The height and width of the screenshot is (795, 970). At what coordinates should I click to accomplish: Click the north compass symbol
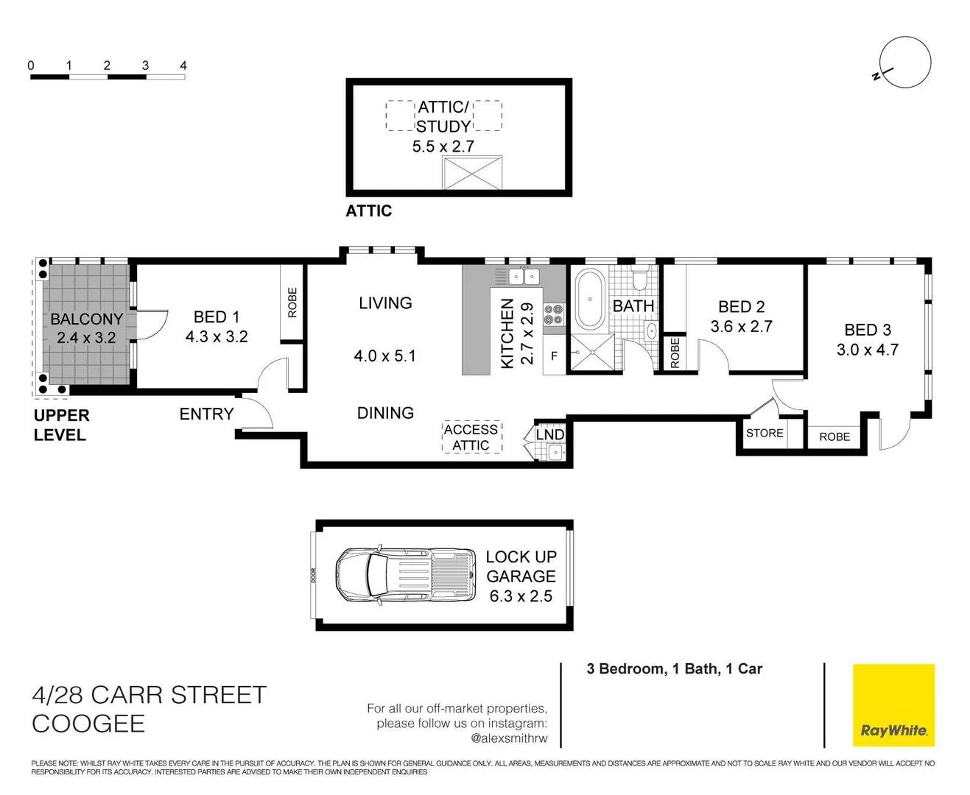[904, 63]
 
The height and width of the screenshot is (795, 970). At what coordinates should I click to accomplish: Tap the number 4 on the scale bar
[183, 66]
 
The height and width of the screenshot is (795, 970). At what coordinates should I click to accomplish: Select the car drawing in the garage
[406, 575]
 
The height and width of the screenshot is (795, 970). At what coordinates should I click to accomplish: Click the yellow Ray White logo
[893, 704]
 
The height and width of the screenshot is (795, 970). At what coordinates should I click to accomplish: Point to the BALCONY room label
[86, 319]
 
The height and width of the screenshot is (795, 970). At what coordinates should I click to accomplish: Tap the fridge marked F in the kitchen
[554, 356]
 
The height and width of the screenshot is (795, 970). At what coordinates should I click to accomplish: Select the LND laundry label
[549, 434]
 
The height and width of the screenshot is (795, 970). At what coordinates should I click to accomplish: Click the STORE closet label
[765, 433]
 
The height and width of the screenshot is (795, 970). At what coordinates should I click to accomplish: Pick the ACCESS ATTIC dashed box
[471, 437]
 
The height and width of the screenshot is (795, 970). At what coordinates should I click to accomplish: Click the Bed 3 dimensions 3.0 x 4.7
[867, 350]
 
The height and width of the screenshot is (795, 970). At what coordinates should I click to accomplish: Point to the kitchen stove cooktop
[554, 314]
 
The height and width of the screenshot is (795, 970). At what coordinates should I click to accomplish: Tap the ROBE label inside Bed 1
[292, 303]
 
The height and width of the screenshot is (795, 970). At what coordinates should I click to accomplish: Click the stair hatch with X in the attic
[472, 173]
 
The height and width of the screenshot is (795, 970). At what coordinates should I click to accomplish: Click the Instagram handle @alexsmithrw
[509, 738]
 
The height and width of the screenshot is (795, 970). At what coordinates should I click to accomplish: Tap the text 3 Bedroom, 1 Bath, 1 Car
[674, 668]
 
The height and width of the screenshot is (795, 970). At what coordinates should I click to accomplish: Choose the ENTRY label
[206, 414]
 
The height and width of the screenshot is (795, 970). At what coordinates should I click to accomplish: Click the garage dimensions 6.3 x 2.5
[521, 596]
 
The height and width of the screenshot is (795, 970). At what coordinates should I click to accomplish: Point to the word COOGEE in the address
[88, 724]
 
